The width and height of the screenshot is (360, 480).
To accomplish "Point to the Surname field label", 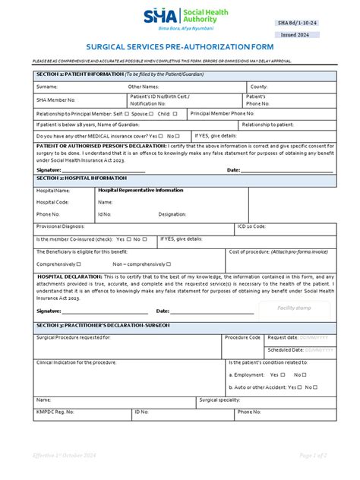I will pos(47,87).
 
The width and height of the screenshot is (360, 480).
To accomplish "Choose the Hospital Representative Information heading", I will pos(141,191).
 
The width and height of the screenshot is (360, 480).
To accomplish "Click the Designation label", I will pos(172,214).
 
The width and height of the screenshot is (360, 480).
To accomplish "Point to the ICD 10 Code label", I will pos(251,226).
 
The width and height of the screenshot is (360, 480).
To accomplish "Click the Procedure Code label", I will pos(242,336).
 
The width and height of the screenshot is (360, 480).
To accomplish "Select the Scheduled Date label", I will pos(285,349).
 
